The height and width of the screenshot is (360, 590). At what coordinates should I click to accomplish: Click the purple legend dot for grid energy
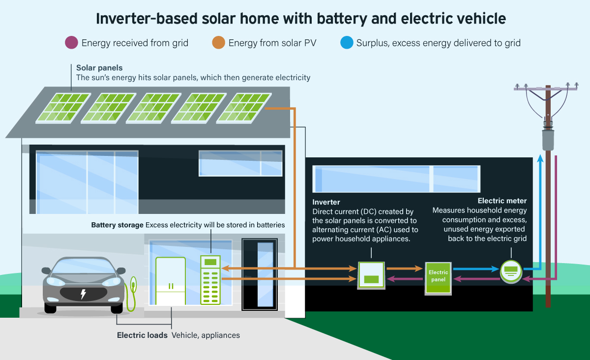(72, 43)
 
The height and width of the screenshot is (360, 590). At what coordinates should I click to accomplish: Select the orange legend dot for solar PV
(219, 43)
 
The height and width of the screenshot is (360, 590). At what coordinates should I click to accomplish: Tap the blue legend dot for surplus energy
(347, 43)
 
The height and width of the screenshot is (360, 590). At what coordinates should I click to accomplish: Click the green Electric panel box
(438, 279)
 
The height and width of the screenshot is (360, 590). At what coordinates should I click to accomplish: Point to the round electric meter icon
(511, 270)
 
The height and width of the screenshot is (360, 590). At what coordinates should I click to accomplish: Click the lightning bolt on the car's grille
(83, 294)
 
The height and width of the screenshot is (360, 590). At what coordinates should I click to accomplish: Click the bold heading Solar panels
(99, 67)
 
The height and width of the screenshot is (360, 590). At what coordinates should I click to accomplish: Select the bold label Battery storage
(117, 225)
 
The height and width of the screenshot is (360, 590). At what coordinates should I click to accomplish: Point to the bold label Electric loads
(142, 335)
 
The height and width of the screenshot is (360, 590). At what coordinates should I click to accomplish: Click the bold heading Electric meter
(502, 201)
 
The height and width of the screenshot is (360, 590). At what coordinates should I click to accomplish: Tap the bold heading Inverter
(326, 202)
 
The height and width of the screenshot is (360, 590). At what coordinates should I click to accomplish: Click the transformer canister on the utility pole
(548, 140)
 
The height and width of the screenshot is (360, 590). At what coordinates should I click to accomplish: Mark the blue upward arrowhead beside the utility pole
(540, 158)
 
